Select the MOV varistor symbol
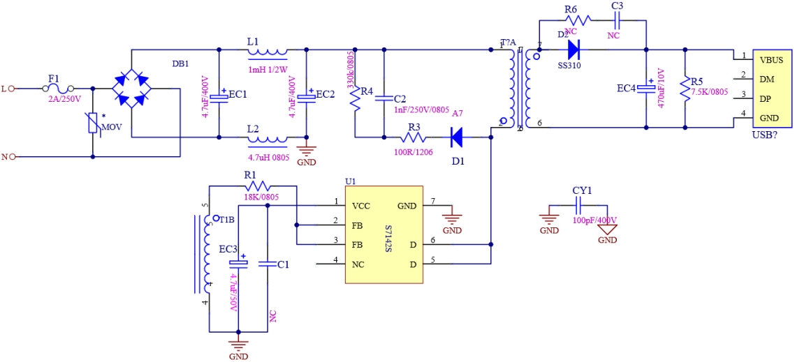coord(93,124)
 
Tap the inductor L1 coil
coord(268,50)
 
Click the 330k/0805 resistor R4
coord(356,98)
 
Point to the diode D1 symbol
coord(457,137)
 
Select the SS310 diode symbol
coord(574,49)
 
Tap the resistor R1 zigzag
coord(256,186)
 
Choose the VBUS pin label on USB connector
coord(771,60)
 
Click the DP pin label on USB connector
coord(766,98)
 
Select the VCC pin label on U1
coord(361,206)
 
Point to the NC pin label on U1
coord(358,264)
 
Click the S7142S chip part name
coord(388,234)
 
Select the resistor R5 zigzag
coord(685,89)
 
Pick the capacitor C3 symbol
coord(616,20)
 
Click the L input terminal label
coord(4,89)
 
